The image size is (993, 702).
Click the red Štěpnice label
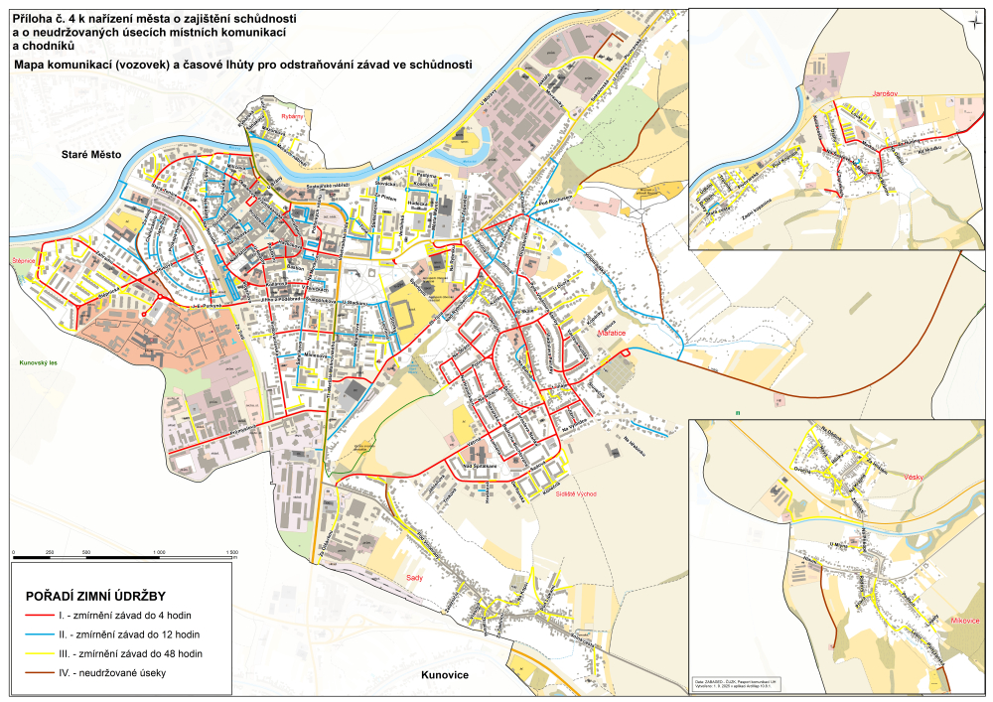[x=24, y=260]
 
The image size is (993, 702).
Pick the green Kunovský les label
[x=39, y=363]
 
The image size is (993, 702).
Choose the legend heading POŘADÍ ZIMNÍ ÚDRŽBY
[x=101, y=596]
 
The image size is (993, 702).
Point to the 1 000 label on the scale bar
[x=160, y=552]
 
